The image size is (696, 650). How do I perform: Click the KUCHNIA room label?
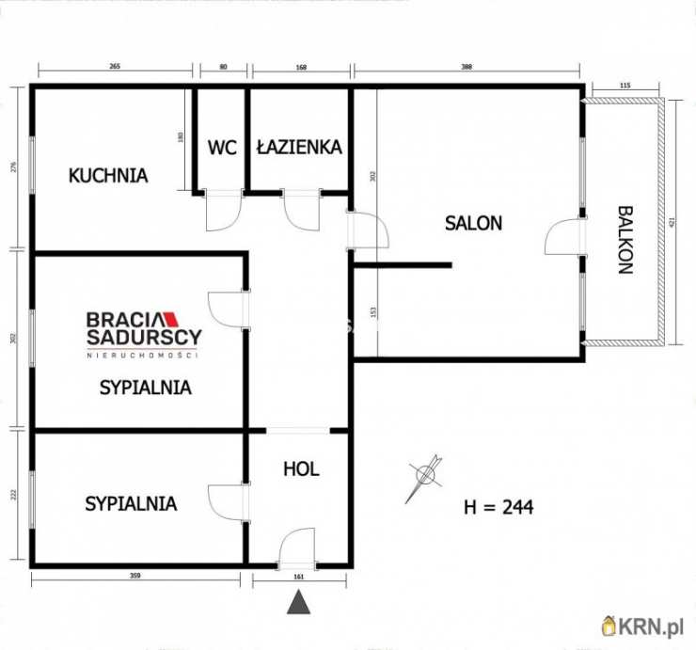coord(108,175)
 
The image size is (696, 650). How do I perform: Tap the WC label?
coord(222,148)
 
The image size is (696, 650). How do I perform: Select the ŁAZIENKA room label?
coord(298,147)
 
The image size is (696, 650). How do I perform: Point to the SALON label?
coord(473,224)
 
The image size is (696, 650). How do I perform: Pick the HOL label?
coord(301,468)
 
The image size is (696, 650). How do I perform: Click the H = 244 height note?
coord(499,507)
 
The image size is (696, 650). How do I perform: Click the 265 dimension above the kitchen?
coord(115,66)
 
